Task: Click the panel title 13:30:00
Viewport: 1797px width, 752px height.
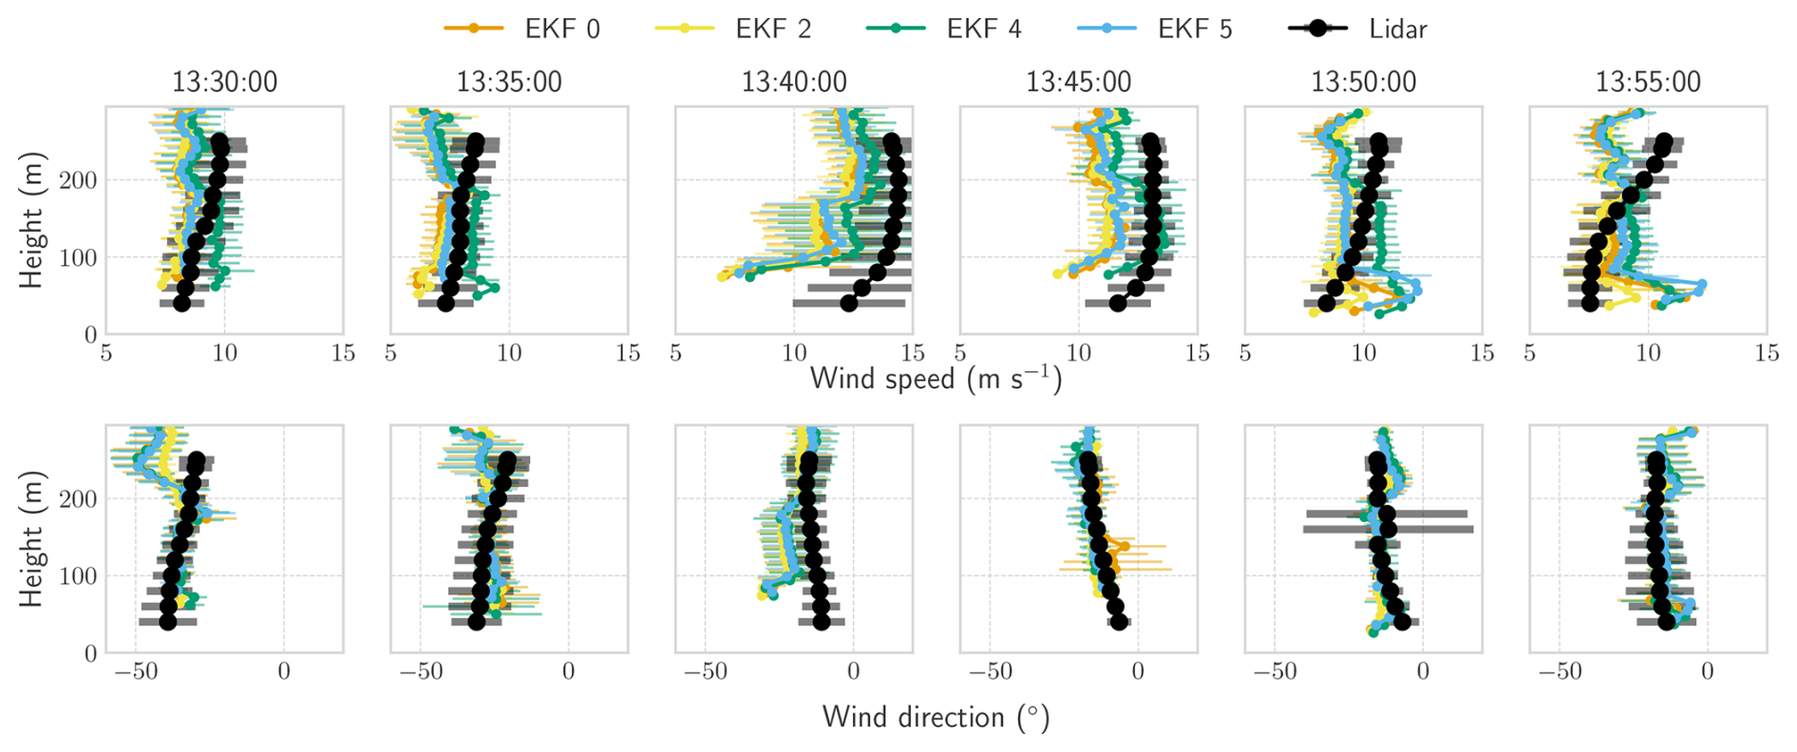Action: click(x=224, y=82)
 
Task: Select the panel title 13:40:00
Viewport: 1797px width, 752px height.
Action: click(x=794, y=82)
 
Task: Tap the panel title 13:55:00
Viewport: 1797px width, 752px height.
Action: click(x=1648, y=82)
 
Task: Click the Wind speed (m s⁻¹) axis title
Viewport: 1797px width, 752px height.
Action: click(x=936, y=379)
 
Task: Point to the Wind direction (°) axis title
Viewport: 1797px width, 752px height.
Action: click(x=936, y=717)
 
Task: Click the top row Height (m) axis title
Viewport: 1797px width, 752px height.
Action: click(x=31, y=219)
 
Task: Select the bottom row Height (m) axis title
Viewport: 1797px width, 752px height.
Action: click(x=31, y=538)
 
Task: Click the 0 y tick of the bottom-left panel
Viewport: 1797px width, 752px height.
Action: click(x=90, y=653)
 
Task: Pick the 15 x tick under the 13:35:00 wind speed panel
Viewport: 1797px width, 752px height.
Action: click(x=628, y=353)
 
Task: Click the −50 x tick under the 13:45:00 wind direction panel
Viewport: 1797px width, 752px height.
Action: click(x=990, y=672)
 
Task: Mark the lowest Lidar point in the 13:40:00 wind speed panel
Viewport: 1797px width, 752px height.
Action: click(x=848, y=303)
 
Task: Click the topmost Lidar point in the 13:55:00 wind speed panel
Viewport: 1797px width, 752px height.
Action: click(x=1664, y=142)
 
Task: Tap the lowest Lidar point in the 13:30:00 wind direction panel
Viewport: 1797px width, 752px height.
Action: click(x=168, y=622)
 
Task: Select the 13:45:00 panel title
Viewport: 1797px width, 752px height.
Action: click(x=1079, y=82)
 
